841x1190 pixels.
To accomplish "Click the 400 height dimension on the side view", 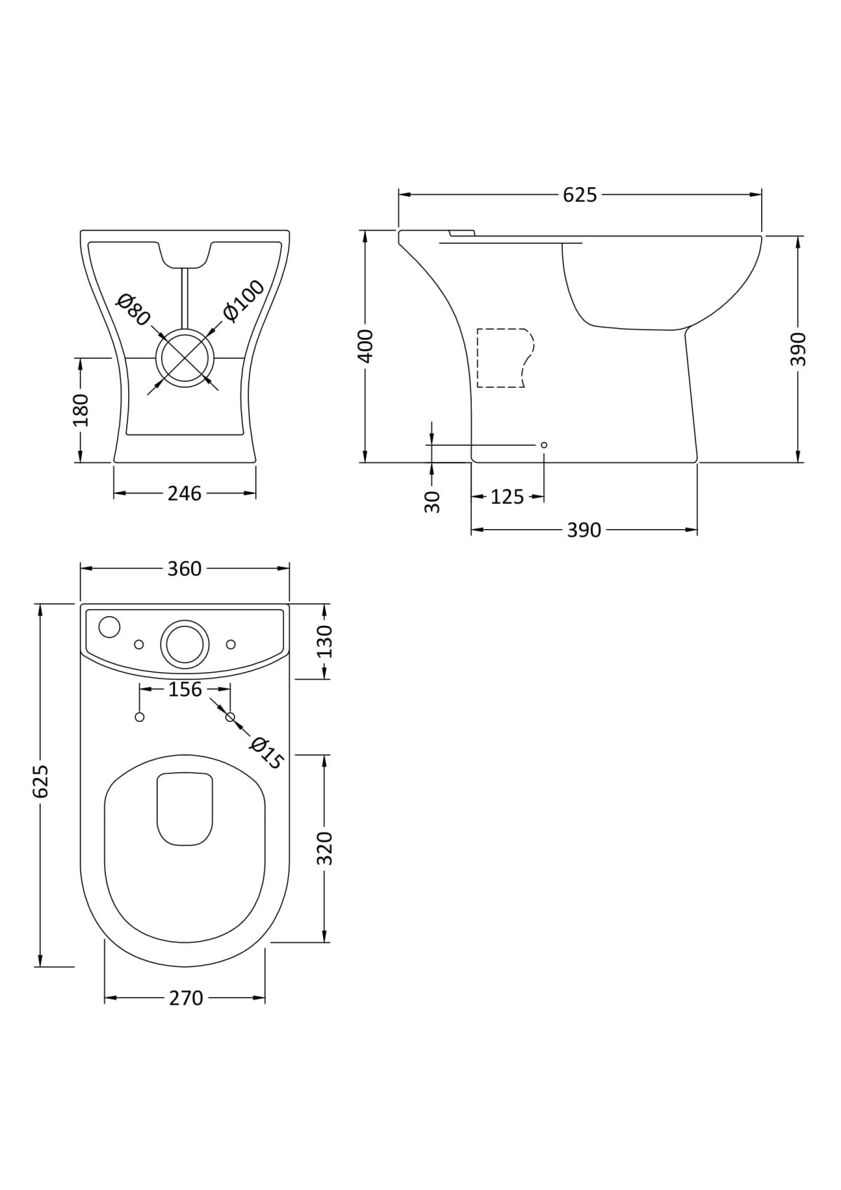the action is [x=366, y=346].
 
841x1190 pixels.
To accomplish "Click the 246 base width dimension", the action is [x=185, y=493].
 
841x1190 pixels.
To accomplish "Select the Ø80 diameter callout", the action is [x=133, y=310].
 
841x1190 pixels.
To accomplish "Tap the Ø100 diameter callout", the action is [x=244, y=301].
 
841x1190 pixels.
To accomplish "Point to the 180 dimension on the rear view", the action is [x=81, y=410].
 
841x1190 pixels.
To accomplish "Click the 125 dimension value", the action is [x=507, y=497].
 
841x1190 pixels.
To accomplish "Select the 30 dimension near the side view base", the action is [x=432, y=502].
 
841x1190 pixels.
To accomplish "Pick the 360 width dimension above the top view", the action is [x=184, y=569].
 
